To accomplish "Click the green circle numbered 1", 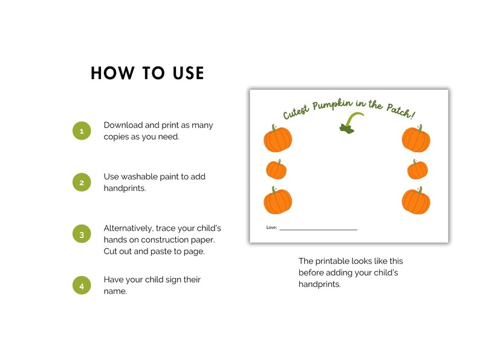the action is tap(82, 131).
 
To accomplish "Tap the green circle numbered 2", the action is tap(82, 182).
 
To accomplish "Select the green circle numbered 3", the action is tap(82, 234).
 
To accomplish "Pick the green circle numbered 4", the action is tap(82, 286).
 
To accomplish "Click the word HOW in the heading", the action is tap(112, 73).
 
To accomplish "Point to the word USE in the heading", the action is tap(188, 73).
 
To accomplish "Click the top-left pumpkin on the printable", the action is tap(277, 138).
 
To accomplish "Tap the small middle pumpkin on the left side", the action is tap(276, 169).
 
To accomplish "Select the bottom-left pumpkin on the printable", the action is tap(277, 201).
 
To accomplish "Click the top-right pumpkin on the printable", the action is tap(416, 138).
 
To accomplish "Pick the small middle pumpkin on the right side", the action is tap(418, 169).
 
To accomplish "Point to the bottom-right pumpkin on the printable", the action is tap(416, 201).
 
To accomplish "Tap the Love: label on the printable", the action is tap(271, 228).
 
